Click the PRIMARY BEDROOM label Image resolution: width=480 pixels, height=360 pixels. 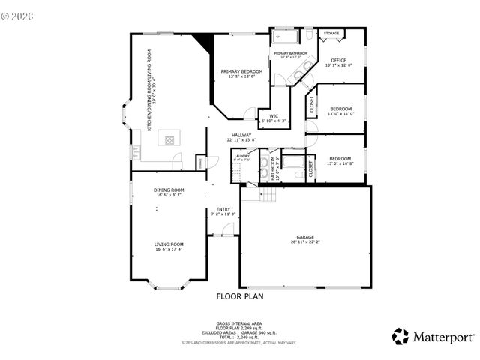(x=241, y=71)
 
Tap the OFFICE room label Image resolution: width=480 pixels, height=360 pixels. (x=338, y=60)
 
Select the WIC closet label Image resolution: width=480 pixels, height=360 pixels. (x=274, y=116)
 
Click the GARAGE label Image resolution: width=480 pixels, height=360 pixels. (x=304, y=237)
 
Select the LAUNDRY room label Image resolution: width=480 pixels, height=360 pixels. (x=241, y=157)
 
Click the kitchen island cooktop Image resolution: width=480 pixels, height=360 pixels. (x=169, y=139)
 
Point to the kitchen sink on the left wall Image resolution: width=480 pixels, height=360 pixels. (x=136, y=153)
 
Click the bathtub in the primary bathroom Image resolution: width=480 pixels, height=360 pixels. (x=285, y=35)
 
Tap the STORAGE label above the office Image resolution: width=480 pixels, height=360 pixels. (x=331, y=34)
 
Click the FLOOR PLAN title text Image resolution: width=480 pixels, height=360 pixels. (x=239, y=296)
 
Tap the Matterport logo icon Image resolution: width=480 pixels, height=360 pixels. (x=401, y=335)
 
